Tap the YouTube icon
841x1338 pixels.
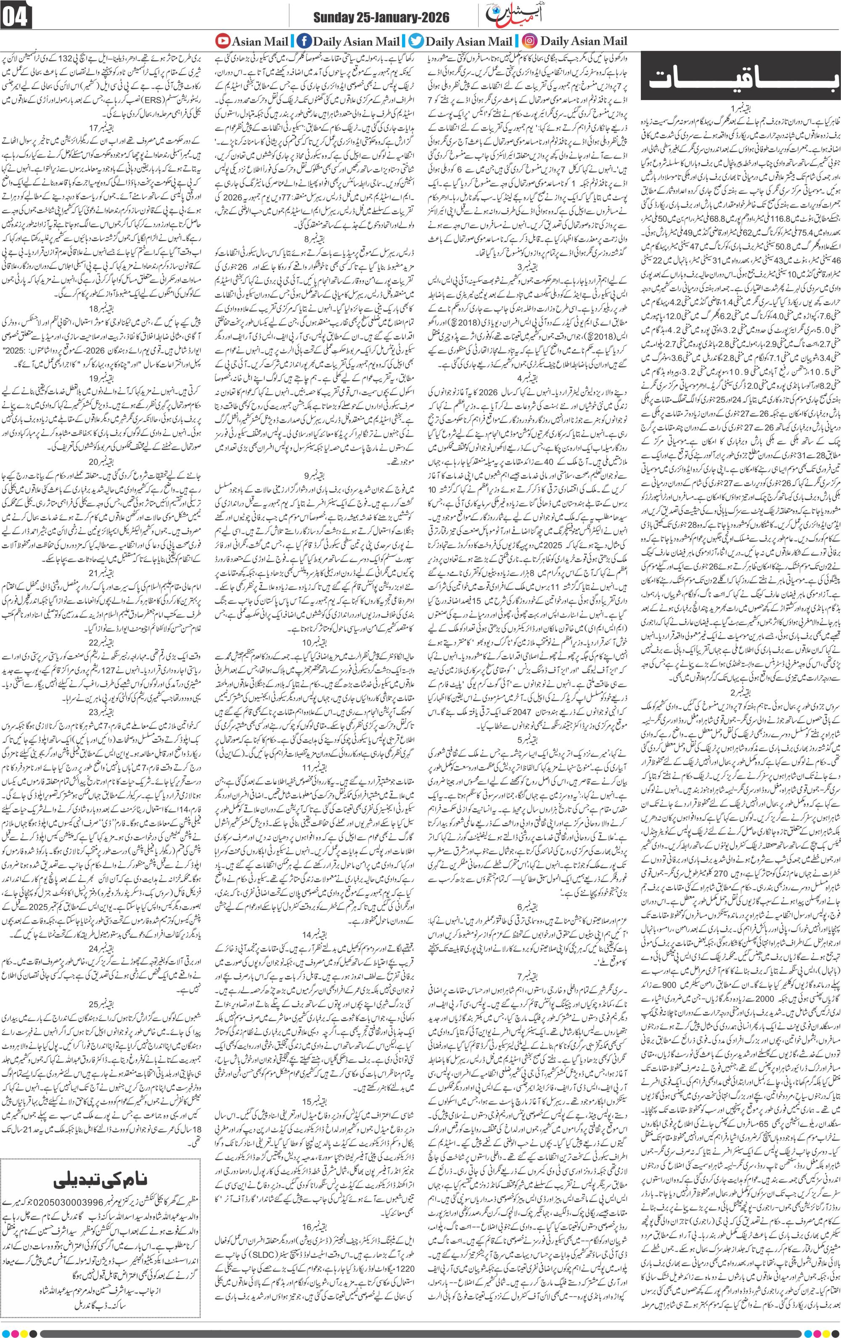click(x=222, y=40)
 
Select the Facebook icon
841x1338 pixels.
click(x=304, y=40)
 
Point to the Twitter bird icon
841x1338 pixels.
click(x=415, y=40)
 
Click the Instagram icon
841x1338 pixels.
click(x=529, y=40)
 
